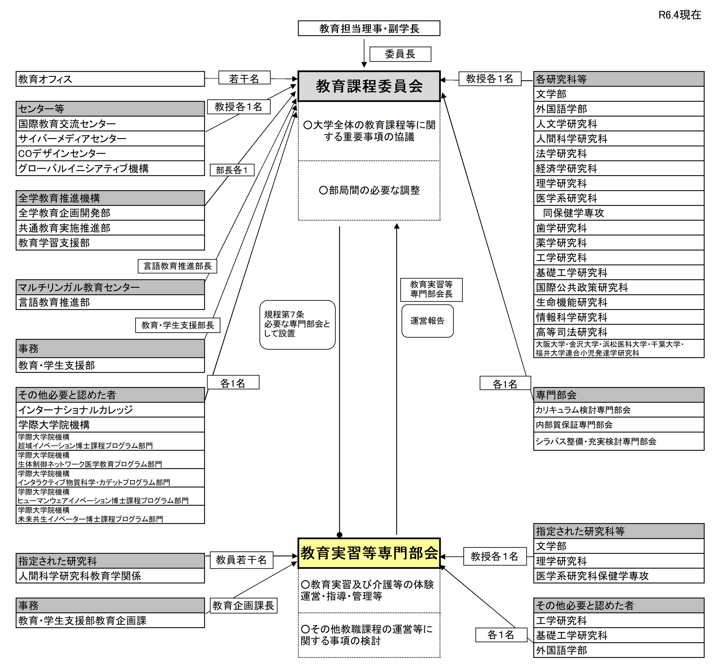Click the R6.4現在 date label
[x=679, y=15]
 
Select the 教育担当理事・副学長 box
[x=369, y=28]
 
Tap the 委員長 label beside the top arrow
[x=400, y=54]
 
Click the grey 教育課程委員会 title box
[x=369, y=87]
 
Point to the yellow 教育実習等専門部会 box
[x=369, y=553]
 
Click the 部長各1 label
[x=232, y=170]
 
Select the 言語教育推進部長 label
[x=177, y=266]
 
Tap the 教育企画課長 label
[x=243, y=606]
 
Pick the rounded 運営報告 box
[x=427, y=321]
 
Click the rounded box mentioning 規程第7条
[x=297, y=325]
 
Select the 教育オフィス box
[x=110, y=79]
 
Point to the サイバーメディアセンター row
[x=110, y=139]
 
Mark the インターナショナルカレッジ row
[x=110, y=410]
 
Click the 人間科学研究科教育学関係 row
[x=110, y=576]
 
